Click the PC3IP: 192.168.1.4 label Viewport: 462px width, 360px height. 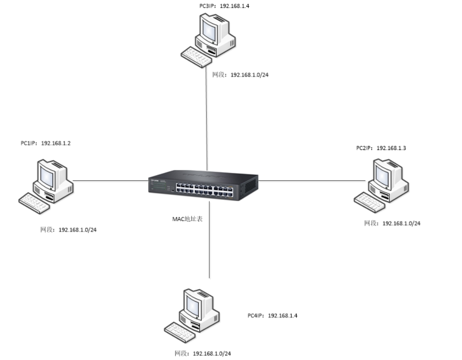tap(224, 6)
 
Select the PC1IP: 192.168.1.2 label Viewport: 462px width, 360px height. tap(46, 143)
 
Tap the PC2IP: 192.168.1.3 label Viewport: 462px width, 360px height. tap(381, 148)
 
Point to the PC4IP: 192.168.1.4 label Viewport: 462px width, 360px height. tap(272, 316)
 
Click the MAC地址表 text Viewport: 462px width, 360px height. tap(187, 219)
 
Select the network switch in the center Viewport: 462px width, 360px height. tap(204, 185)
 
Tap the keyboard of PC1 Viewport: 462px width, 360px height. tap(34, 203)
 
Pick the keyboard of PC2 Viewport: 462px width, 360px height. tap(369, 202)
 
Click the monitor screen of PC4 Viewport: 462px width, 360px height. tap(193, 306)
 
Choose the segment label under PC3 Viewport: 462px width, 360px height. tap(240, 75)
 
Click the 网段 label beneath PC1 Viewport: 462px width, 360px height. tap(68, 230)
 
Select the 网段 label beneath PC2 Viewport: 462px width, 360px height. tap(392, 223)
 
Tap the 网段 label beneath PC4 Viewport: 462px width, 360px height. tap(203, 353)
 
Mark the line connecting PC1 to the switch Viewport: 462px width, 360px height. tap(110, 180)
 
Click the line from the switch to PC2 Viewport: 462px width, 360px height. tap(312, 180)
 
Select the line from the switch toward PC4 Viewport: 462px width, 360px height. tap(209, 240)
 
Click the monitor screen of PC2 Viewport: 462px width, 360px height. tap(382, 176)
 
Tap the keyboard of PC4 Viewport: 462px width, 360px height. tap(180, 332)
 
